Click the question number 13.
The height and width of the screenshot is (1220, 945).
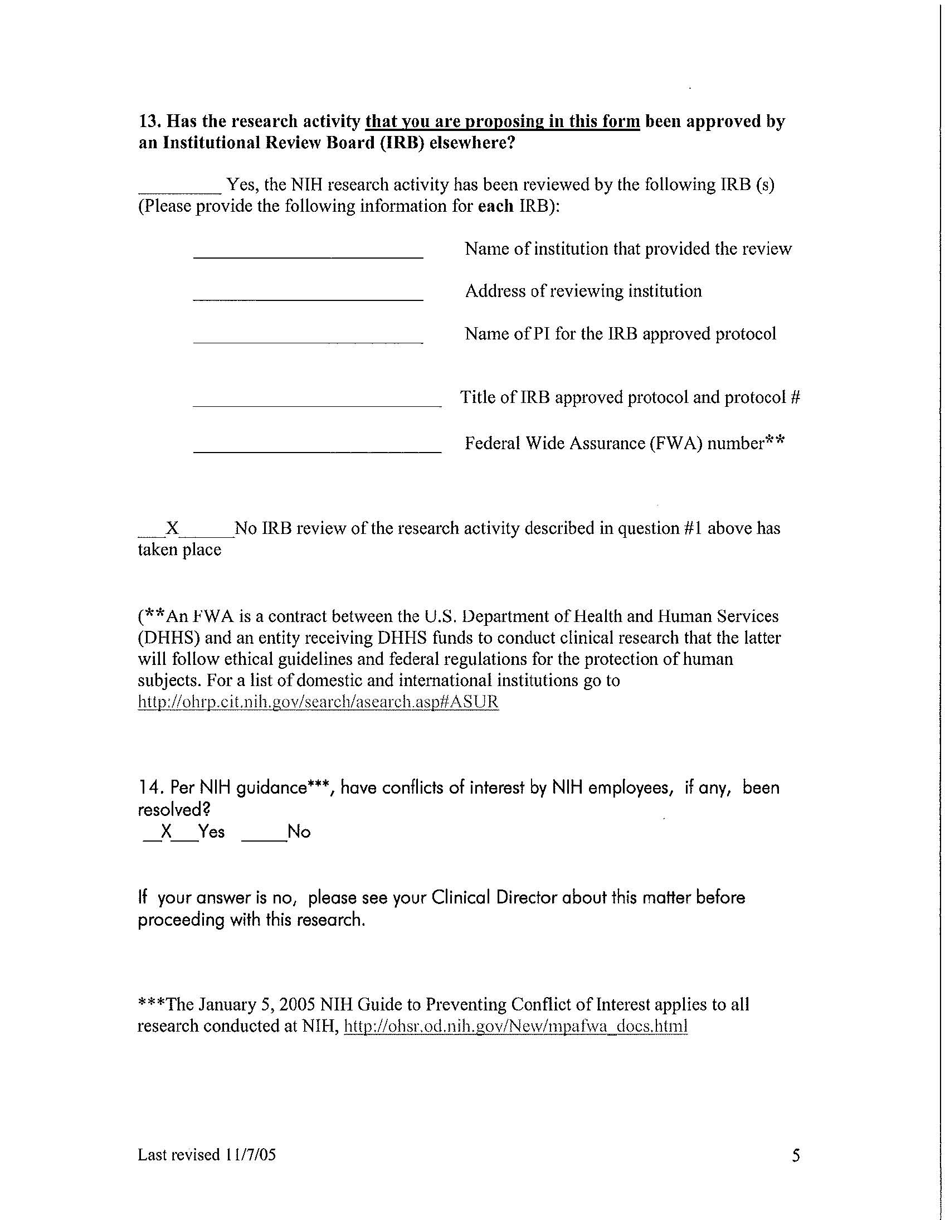click(x=150, y=121)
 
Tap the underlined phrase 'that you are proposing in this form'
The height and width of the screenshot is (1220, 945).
click(x=502, y=121)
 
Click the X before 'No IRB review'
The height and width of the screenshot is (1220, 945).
click(x=173, y=528)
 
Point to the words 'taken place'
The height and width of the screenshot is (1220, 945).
click(x=179, y=550)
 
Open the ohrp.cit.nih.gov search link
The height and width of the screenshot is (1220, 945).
click(x=318, y=702)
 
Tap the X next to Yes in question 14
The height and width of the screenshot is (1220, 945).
click(x=166, y=832)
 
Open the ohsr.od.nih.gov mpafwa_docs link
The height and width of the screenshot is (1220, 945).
click(x=515, y=1026)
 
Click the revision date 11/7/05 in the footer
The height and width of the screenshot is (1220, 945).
click(x=251, y=1155)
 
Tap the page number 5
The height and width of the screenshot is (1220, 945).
click(x=796, y=1155)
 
